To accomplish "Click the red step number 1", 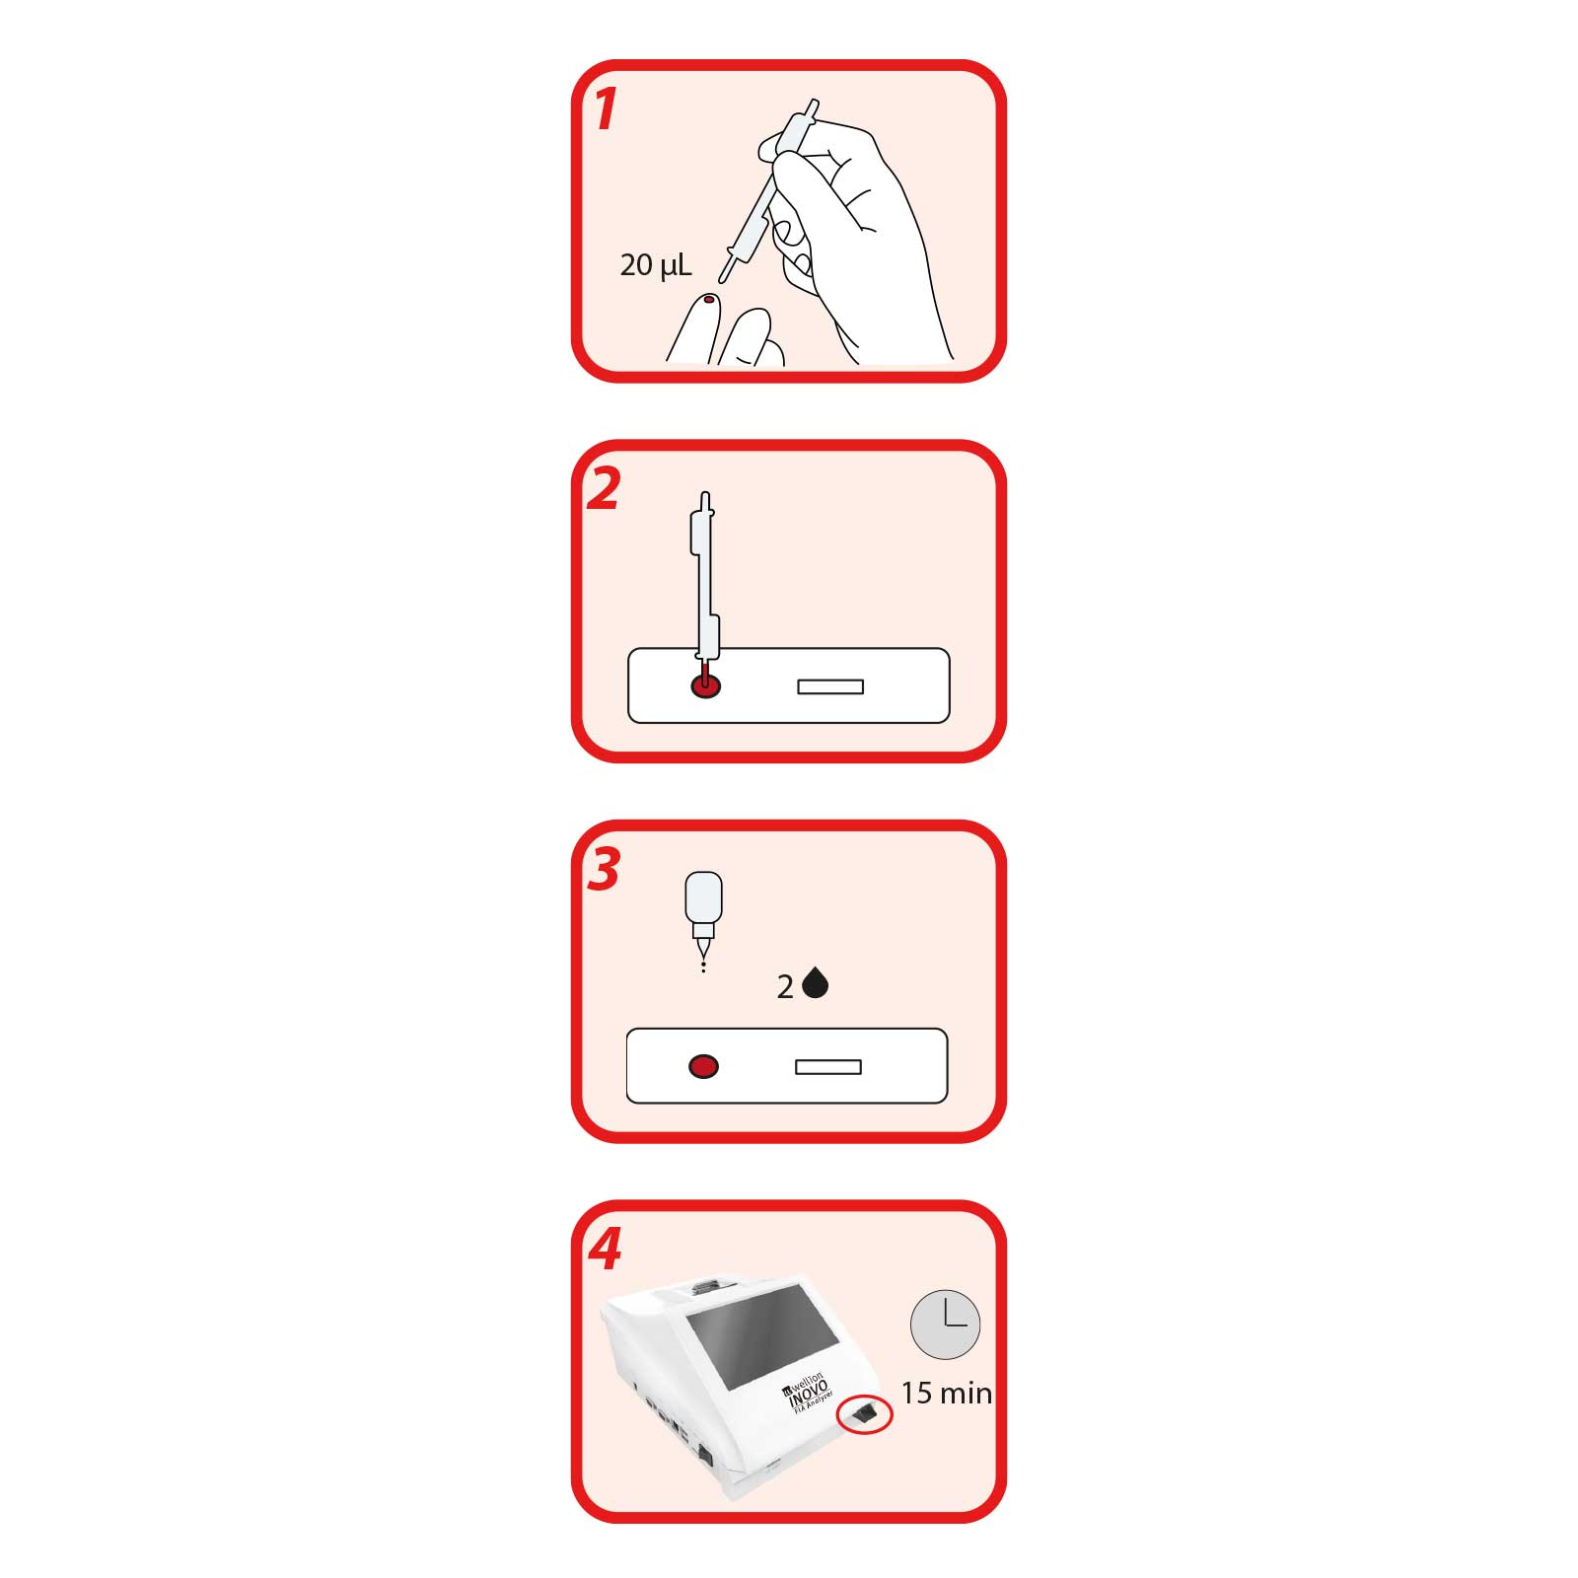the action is pyautogui.click(x=606, y=108).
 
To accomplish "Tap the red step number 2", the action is pyautogui.click(x=604, y=489).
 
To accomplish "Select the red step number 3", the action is pyautogui.click(x=604, y=870).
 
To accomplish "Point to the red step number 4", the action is pyautogui.click(x=605, y=1250).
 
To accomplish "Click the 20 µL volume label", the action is pyautogui.click(x=656, y=264).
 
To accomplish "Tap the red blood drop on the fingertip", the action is pyautogui.click(x=708, y=299).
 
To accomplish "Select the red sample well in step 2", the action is pyautogui.click(x=706, y=686).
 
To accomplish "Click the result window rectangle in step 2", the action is pyautogui.click(x=830, y=686).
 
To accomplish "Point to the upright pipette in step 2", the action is pyautogui.click(x=704, y=587).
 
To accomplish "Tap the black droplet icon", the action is pyautogui.click(x=815, y=983).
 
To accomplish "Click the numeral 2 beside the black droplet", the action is pyautogui.click(x=785, y=987).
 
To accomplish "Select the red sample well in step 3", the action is pyautogui.click(x=703, y=1066).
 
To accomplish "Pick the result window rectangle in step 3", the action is pyautogui.click(x=828, y=1066).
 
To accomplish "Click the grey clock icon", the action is pyautogui.click(x=945, y=1325).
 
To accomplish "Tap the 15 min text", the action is pyautogui.click(x=947, y=1393).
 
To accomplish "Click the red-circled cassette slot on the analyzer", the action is pyautogui.click(x=864, y=1416).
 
